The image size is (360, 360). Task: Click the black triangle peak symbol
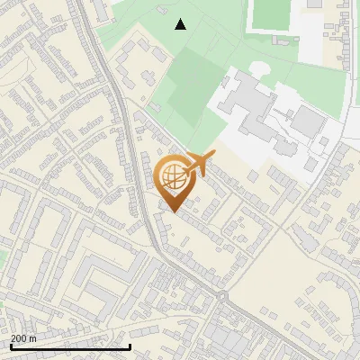click(181, 24)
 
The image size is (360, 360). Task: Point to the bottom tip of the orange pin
click(173, 212)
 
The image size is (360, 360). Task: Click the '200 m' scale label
click(23, 338)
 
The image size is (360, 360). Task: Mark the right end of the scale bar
click(130, 346)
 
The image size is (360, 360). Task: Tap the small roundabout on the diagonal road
click(220, 296)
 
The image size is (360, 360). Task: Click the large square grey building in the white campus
click(309, 121)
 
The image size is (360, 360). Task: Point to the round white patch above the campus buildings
click(258, 67)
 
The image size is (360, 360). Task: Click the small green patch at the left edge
click(2, 256)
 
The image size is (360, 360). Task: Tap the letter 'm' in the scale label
click(32, 338)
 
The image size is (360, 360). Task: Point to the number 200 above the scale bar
click(18, 338)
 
